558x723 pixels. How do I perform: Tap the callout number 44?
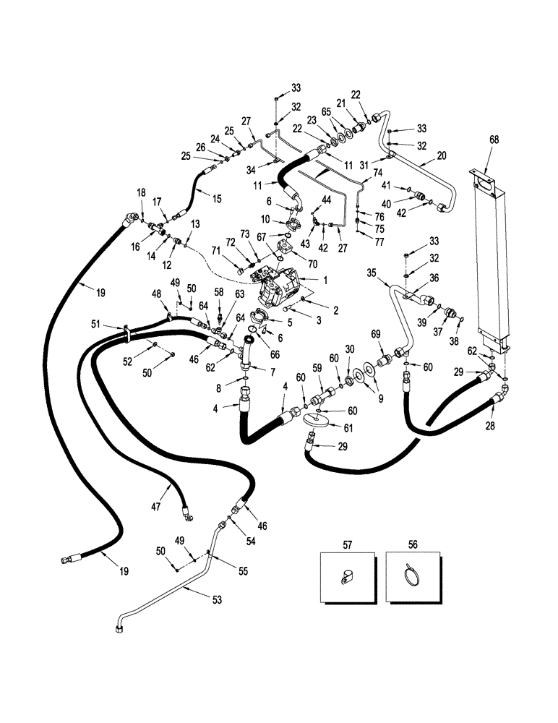tap(326, 199)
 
